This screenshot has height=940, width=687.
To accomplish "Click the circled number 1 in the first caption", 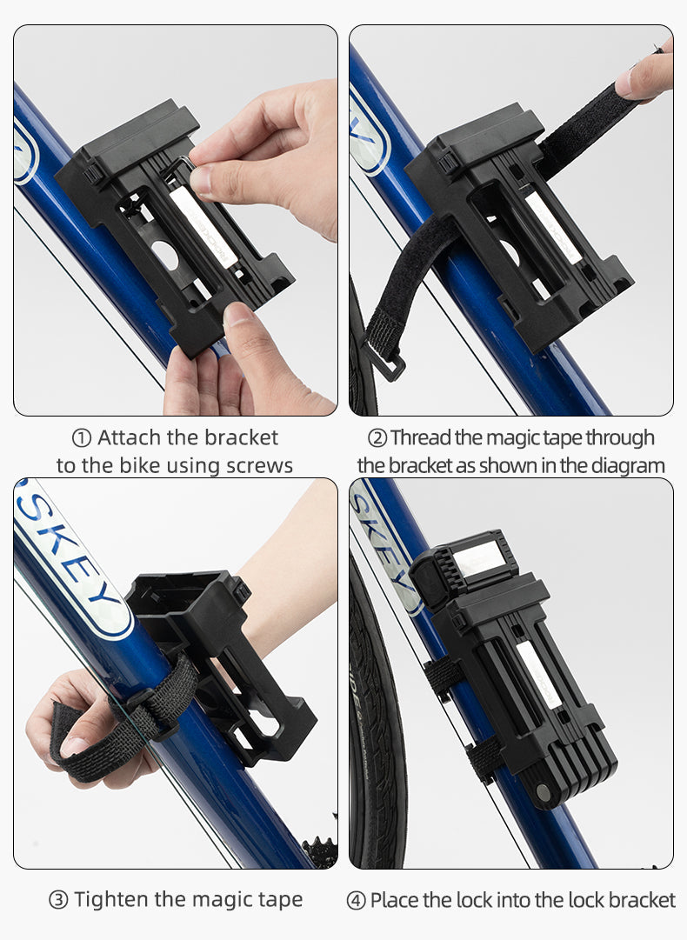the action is click(x=81, y=438).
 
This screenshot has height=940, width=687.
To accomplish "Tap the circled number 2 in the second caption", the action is click(x=377, y=438).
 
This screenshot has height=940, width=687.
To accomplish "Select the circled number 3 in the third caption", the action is click(x=58, y=900).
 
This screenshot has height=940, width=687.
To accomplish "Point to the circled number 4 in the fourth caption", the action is click(x=356, y=900).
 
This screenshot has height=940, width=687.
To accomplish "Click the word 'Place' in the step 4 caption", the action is click(x=394, y=900).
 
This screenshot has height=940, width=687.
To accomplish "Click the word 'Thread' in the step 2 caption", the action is click(x=421, y=437).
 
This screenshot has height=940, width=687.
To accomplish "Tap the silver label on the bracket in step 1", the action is click(x=200, y=227).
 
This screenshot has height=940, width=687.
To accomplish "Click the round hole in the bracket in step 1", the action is click(x=165, y=255).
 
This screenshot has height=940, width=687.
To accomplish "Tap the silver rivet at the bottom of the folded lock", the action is click(x=544, y=792).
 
